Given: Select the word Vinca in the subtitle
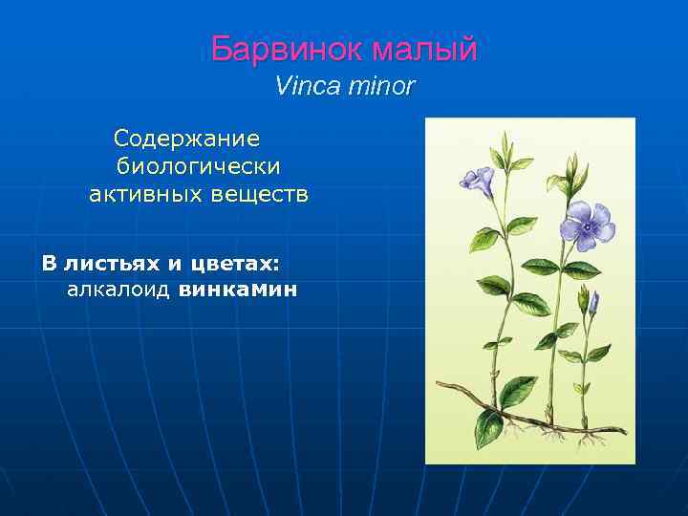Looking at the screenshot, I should [x=301, y=86].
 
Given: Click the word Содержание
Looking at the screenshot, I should [x=186, y=140].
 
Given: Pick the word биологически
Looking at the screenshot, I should [x=198, y=167].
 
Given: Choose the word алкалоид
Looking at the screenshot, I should [x=118, y=289].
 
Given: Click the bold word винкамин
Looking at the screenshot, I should [x=238, y=289].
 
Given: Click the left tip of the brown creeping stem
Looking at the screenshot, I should [x=438, y=384].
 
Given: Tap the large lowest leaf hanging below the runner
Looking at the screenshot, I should [x=488, y=428].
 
